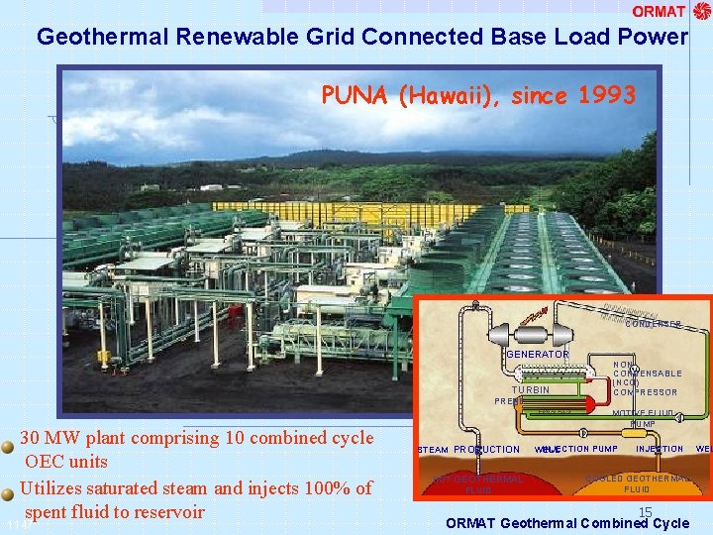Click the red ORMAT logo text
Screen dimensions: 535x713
659,12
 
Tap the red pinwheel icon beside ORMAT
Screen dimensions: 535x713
702,11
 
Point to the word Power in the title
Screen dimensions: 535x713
656,37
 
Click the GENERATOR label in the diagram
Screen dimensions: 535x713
538,354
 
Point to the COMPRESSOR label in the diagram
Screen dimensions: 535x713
646,392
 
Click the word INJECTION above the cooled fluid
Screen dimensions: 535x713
660,449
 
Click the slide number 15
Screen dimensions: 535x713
645,512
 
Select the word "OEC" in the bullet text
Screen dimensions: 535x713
47,462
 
